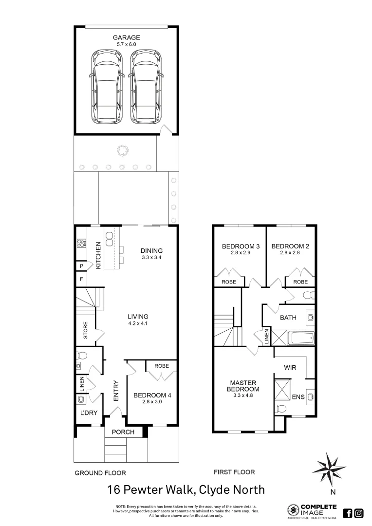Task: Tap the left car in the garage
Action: (106, 87)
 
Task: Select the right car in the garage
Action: (146, 87)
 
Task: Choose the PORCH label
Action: (123, 432)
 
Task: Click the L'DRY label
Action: (89, 413)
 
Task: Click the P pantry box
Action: (81, 266)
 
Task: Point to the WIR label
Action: (290, 368)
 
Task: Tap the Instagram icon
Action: (359, 512)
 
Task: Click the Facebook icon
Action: (348, 512)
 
